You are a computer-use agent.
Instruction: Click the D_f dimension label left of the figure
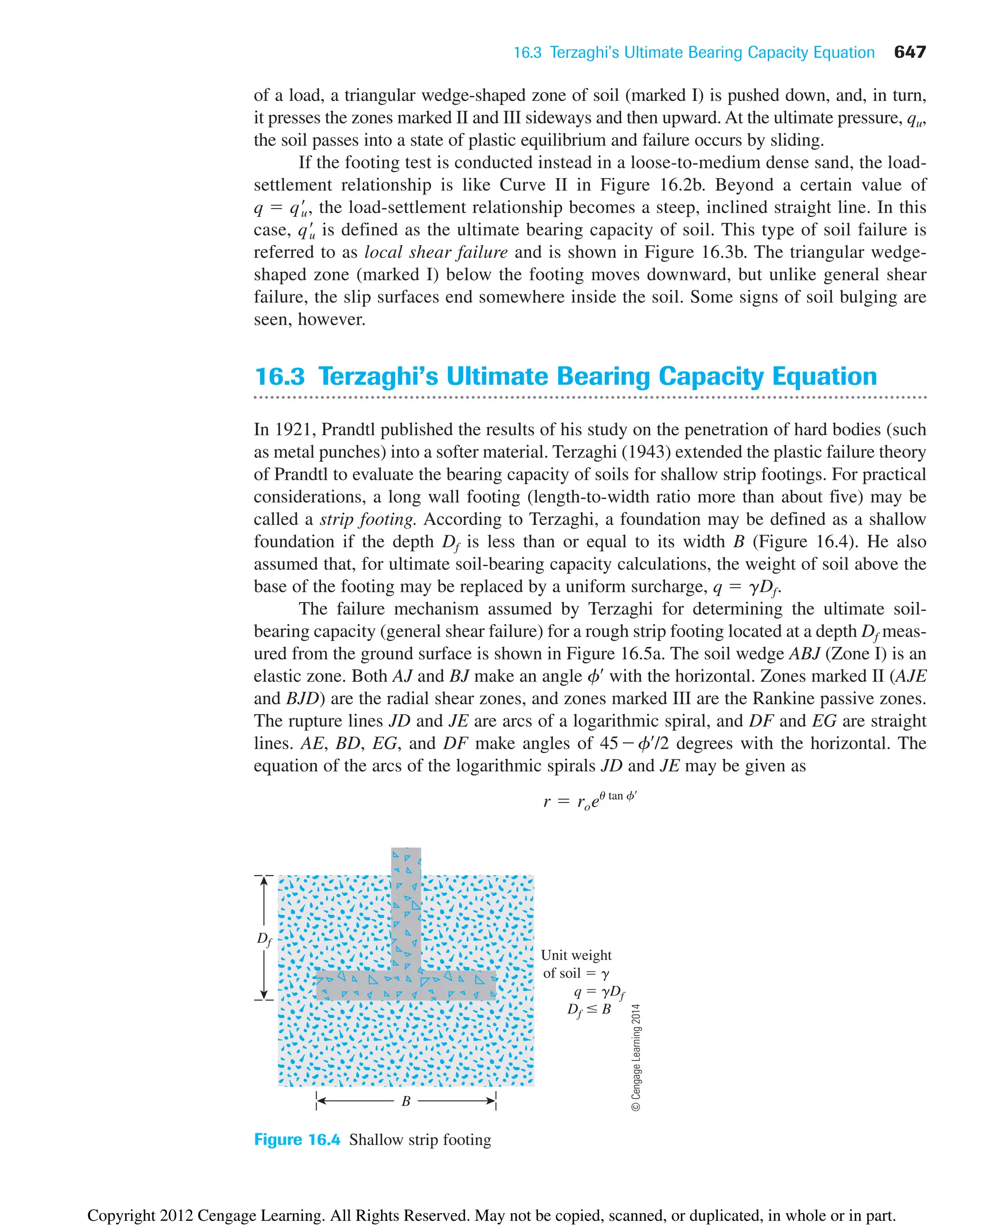pos(264,939)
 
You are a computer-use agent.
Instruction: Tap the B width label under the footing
pos(406,1101)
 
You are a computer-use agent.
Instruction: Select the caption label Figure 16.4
pos(297,1140)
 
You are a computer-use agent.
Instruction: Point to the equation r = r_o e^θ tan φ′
pos(590,800)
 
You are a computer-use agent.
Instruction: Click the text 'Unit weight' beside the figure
pos(576,955)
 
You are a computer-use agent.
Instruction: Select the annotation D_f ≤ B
pos(589,1010)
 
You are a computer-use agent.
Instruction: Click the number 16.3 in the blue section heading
pos(280,377)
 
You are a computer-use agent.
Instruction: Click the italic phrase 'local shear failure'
pos(436,252)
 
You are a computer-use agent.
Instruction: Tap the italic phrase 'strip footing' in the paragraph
pos(367,519)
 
